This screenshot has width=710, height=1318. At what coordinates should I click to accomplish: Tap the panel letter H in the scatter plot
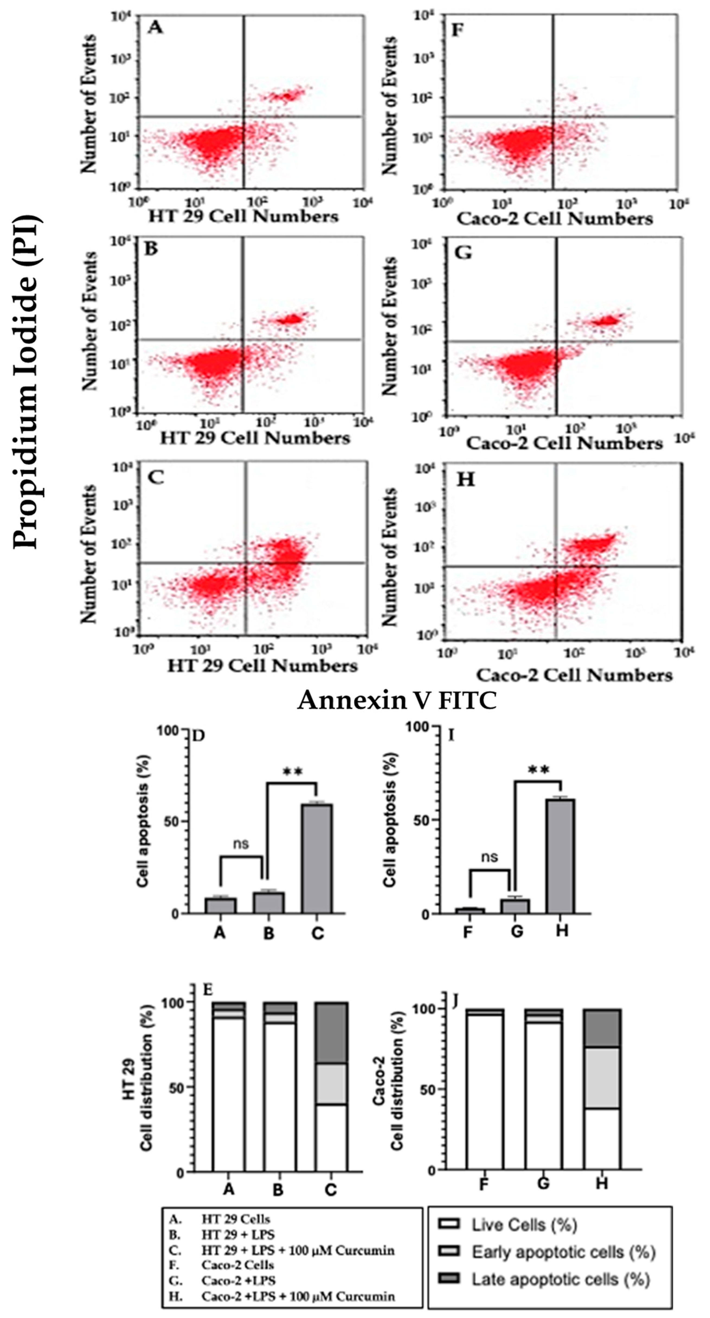[465, 480]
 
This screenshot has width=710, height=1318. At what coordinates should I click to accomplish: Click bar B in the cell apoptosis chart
[269, 902]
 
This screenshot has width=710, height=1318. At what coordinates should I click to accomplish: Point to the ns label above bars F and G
[490, 857]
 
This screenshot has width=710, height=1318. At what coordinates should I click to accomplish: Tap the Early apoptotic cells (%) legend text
[563, 1252]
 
